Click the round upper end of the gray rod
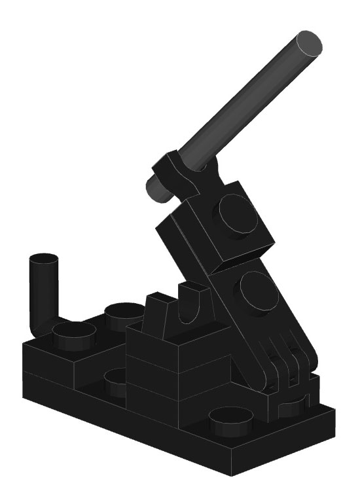[307, 44]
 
